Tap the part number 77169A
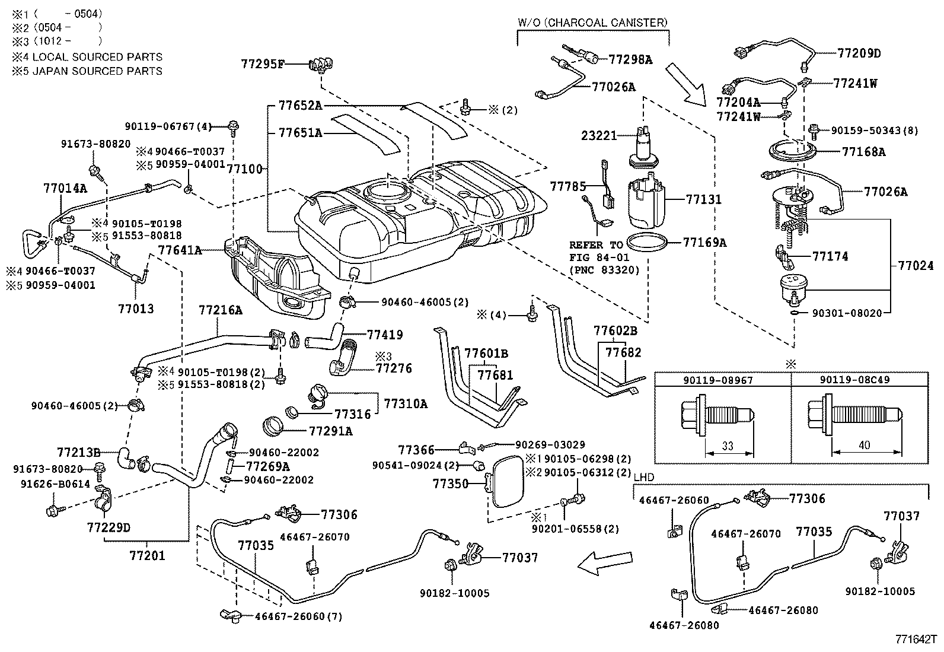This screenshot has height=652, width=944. pos(704,242)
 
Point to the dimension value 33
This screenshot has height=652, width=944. pos(728,446)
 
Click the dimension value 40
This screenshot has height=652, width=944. pos(864,445)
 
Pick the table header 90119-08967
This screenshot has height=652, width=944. pos(722,380)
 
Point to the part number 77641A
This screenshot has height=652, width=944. pos(180,251)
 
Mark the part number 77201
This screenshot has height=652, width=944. pos(147,556)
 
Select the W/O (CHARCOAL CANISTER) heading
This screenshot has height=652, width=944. pos(592,23)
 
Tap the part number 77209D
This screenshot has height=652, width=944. pos(859,53)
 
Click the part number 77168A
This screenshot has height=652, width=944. pos(863,152)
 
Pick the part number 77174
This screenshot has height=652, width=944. pos(830,256)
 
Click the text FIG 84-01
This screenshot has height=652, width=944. pos(595,257)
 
